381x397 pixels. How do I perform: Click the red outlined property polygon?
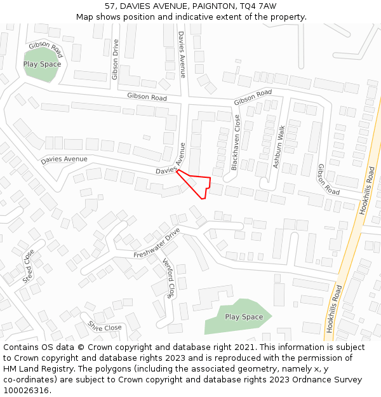click(197, 183)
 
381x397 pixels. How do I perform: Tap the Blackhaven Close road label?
click(235, 142)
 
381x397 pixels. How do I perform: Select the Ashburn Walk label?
click(278, 147)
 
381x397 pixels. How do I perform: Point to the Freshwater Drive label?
click(157, 246)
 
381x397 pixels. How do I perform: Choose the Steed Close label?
click(28, 266)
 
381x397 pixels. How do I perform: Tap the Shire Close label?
click(105, 327)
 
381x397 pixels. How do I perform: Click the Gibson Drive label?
click(115, 60)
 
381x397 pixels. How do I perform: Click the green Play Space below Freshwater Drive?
click(238, 316)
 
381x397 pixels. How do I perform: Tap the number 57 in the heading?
click(110, 6)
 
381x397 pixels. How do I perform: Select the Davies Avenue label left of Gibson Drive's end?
click(64, 159)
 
